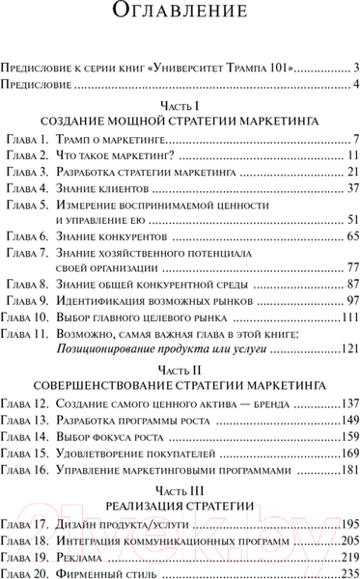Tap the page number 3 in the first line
point(356,68)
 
